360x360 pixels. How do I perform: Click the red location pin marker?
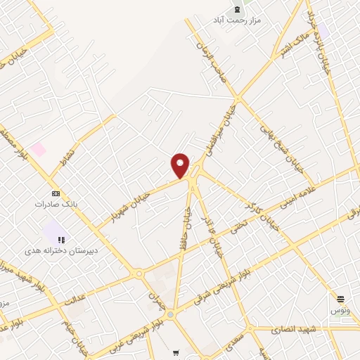click(180, 165)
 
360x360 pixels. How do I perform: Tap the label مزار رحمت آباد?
click(237, 20)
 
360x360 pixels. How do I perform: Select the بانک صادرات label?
click(55, 204)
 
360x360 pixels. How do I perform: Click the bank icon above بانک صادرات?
click(56, 193)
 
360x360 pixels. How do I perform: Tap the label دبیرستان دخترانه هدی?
click(61, 250)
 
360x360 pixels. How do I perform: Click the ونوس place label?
click(341, 309)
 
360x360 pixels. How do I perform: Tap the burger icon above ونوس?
click(341, 299)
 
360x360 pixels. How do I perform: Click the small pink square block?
click(38, 149)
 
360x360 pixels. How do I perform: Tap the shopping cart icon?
click(176, 353)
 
